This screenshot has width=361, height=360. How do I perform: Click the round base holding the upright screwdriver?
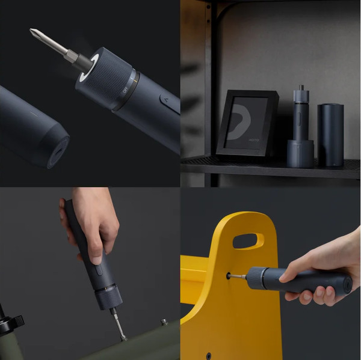tap(300, 154)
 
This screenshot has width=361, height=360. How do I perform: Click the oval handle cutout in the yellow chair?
tap(248, 240)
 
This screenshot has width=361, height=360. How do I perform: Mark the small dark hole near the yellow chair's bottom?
tap(208, 355)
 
